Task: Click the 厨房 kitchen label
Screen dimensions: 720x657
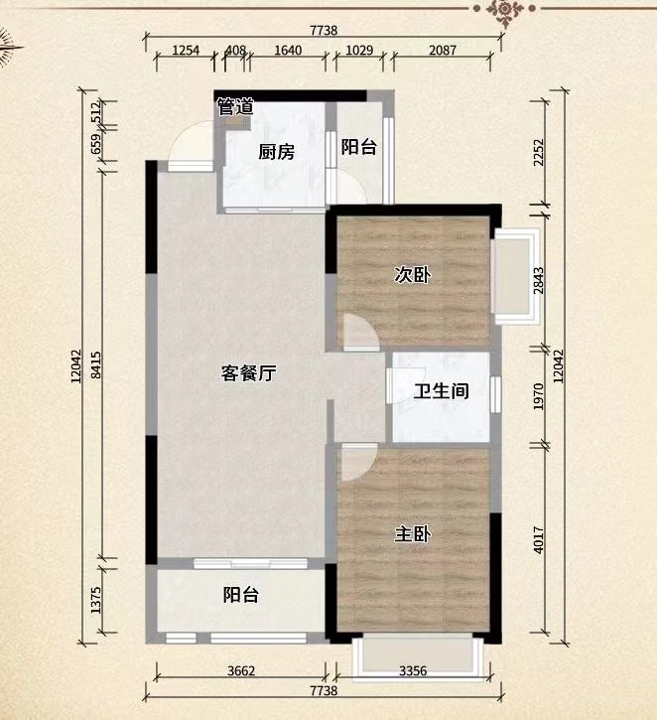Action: [277, 152]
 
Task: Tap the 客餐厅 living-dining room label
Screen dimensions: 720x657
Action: [247, 374]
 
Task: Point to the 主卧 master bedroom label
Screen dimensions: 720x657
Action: [413, 534]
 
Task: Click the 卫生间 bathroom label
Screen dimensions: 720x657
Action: [441, 392]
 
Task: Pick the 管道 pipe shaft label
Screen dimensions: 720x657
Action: [235, 107]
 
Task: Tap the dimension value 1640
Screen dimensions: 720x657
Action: [288, 50]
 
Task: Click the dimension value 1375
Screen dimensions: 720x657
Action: [94, 602]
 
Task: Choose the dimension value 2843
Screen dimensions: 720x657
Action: [539, 276]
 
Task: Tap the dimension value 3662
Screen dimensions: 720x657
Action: [241, 671]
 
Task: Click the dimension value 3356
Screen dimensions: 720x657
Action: [413, 671]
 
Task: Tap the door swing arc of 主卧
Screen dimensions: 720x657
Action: [359, 459]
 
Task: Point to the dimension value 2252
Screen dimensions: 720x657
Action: [539, 151]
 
